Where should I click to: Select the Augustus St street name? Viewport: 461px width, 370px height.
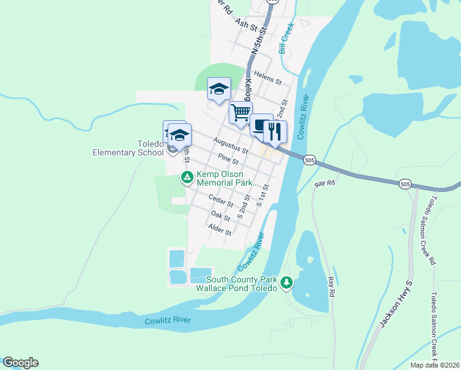(x=230, y=146)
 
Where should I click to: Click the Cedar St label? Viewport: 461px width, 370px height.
(x=221, y=200)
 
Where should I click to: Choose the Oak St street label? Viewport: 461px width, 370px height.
(x=220, y=215)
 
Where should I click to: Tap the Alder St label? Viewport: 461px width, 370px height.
(x=219, y=230)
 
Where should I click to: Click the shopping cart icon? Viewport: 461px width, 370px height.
(x=240, y=113)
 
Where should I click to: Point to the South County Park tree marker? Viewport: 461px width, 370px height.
(x=286, y=283)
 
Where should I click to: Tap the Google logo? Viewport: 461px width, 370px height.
(x=20, y=363)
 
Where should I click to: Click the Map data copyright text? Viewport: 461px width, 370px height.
(x=434, y=365)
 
